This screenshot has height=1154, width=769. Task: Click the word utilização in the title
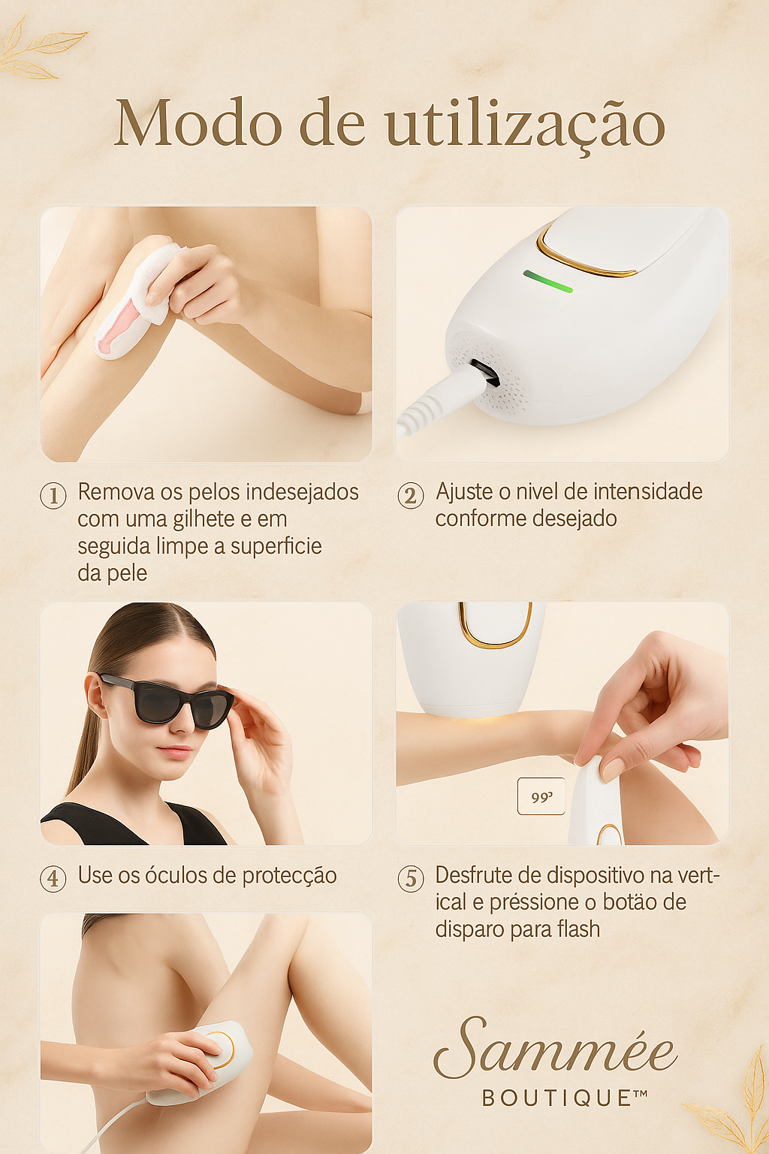click(526, 125)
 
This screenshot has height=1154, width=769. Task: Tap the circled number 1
click(53, 496)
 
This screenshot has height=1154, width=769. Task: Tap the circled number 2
click(411, 496)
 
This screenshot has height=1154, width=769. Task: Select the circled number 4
click(53, 878)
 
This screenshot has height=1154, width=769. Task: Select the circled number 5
click(411, 878)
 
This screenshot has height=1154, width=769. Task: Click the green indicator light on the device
click(548, 282)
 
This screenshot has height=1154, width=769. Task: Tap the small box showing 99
click(541, 796)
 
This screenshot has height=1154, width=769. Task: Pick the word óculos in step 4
click(176, 876)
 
